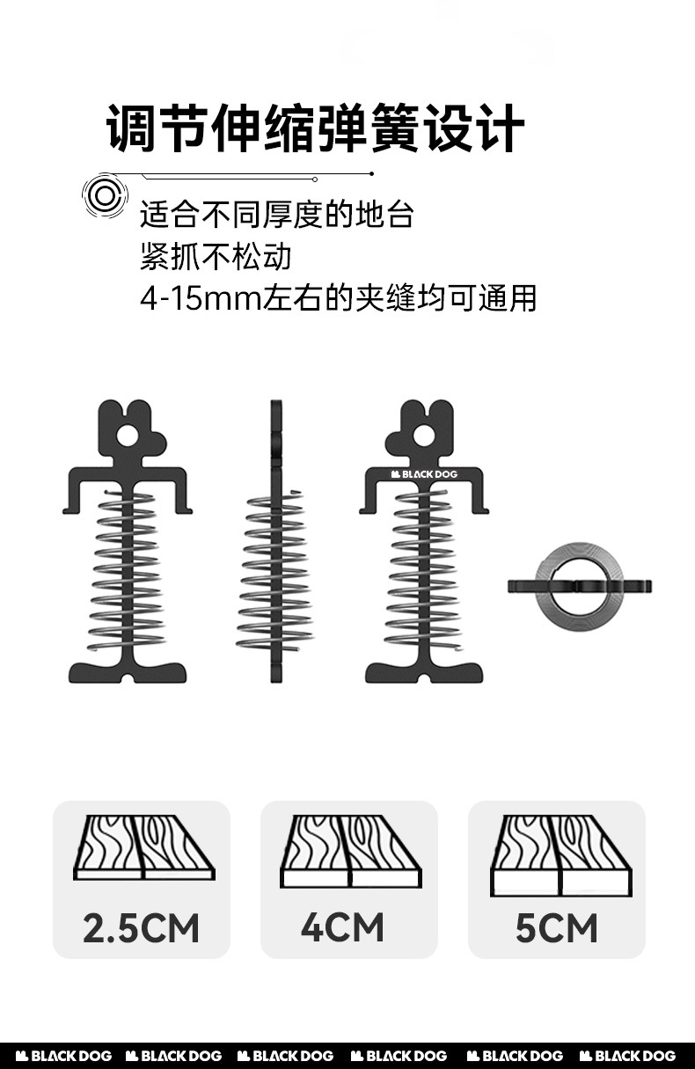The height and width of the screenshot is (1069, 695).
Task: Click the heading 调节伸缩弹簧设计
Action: tap(315, 128)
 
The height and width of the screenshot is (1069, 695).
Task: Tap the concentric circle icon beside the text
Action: tap(106, 195)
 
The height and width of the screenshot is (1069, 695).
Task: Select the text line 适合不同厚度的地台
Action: tap(276, 215)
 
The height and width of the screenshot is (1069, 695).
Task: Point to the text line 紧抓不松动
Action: tap(216, 257)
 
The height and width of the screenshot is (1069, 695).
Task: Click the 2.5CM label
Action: tap(142, 928)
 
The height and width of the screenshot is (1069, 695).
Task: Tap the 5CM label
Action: tap(556, 928)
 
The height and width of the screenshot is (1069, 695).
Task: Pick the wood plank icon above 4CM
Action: tap(350, 851)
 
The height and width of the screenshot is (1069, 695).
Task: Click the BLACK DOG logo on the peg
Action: tap(424, 474)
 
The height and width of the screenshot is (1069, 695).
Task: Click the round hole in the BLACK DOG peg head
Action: tap(424, 435)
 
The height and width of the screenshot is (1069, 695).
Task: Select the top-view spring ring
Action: tap(580, 586)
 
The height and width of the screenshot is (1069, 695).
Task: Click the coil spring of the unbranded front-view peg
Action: tap(128, 572)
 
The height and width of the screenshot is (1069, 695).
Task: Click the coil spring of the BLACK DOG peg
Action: tap(424, 572)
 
